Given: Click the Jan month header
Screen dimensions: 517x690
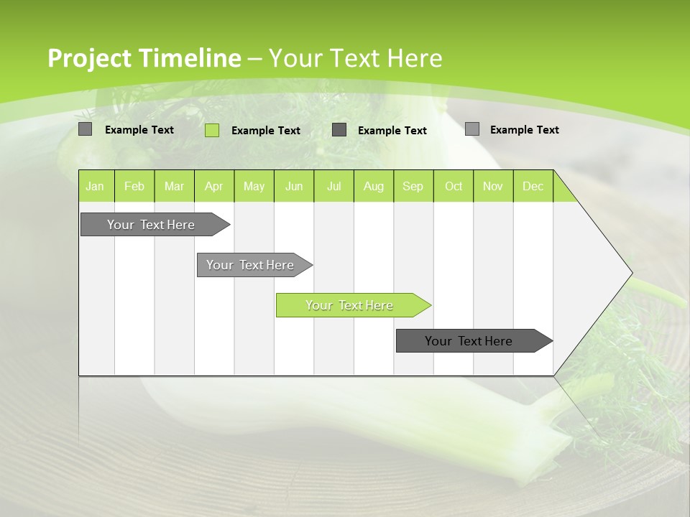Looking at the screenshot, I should [96, 187].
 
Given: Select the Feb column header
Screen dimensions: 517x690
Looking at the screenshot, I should [134, 187].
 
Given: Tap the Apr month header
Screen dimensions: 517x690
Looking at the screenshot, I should [214, 187].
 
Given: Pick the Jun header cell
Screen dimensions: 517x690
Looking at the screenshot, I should [294, 187].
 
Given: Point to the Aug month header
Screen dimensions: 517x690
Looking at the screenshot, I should [374, 187].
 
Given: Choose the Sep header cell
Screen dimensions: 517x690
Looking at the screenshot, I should [413, 187].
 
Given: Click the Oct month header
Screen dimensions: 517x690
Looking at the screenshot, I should [454, 187].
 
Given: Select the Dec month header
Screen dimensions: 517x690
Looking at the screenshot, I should [533, 187].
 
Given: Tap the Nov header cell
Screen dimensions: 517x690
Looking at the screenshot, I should [493, 187].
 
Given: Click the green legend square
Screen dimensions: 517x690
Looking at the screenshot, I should [212, 130].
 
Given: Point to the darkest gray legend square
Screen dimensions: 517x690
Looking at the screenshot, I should [339, 130].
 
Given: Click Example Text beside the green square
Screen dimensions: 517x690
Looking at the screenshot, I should [266, 131].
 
